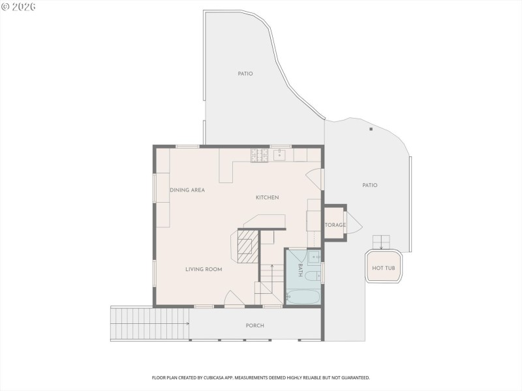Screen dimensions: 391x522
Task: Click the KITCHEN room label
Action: click(267, 197)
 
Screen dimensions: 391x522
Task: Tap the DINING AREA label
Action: click(187, 190)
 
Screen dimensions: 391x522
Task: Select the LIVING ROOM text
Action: click(204, 269)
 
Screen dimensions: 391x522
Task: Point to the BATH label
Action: click(300, 270)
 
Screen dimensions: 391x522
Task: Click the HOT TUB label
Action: click(383, 268)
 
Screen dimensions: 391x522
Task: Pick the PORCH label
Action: click(254, 326)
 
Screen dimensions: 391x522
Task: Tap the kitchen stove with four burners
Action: click(259, 155)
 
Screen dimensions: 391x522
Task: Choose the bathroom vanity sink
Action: click(314, 255)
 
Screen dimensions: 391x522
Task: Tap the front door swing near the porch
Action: click(234, 298)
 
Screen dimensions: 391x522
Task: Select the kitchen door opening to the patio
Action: click(315, 179)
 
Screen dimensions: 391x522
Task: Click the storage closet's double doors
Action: click(352, 222)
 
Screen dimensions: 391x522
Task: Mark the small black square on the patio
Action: click(371, 130)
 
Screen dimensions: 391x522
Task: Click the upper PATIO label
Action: click(245, 74)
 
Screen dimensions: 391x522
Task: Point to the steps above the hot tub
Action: click(381, 241)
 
